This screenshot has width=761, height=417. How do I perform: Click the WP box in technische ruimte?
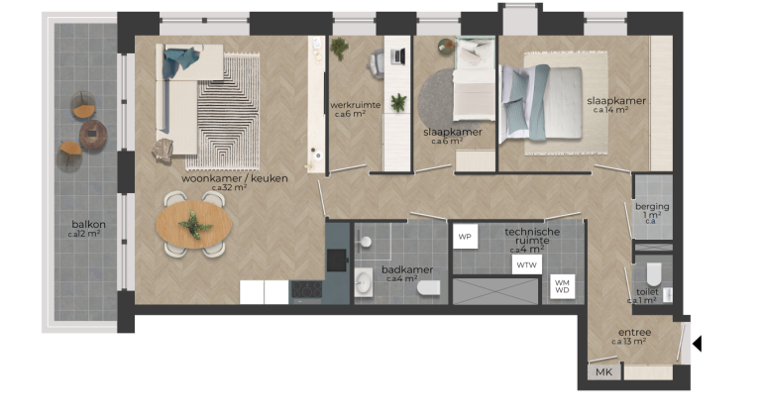(465, 238)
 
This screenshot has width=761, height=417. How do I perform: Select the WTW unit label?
(525, 264)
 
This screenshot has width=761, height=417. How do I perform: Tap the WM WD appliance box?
(562, 287)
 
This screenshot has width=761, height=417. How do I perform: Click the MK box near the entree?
(601, 372)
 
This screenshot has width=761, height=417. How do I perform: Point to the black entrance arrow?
(697, 344)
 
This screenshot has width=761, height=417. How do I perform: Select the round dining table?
(194, 226)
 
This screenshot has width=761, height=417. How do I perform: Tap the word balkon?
(87, 224)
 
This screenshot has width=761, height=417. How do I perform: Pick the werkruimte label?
(355, 104)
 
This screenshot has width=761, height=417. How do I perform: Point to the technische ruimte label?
(532, 236)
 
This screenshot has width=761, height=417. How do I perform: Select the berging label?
(652, 207)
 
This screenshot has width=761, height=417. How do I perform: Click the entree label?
(634, 333)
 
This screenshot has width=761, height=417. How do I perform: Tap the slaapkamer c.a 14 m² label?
(615, 101)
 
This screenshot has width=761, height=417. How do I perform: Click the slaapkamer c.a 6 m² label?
(453, 132)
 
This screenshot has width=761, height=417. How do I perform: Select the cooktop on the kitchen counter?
(305, 290)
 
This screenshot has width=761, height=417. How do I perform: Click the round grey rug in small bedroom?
(437, 99)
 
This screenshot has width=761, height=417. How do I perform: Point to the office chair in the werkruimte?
(378, 63)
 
